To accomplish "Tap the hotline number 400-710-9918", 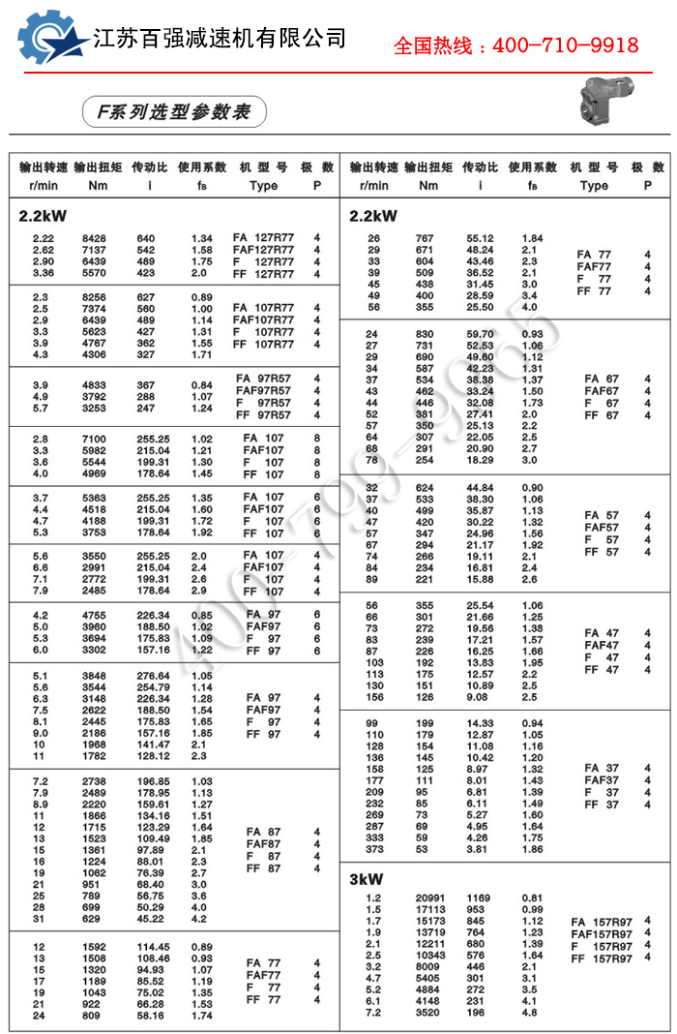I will [x=566, y=46].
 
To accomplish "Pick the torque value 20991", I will [x=428, y=898].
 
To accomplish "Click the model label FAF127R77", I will [x=264, y=249].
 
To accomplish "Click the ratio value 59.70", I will [x=481, y=334].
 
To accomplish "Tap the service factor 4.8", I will [x=530, y=1012].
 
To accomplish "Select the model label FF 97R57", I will [x=263, y=415].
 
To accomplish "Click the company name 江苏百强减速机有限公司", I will [x=220, y=39].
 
